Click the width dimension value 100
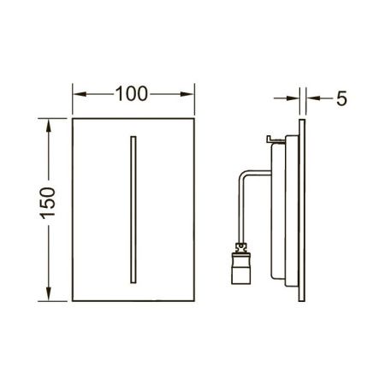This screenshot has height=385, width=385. tap(134, 92)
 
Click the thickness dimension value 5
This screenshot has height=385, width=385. tap(341, 98)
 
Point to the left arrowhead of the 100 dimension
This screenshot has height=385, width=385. tap(76, 92)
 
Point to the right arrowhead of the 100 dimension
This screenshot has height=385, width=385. tap(192, 92)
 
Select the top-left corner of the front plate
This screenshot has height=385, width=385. tap(72, 117)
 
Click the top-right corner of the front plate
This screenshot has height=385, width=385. tap(197, 117)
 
